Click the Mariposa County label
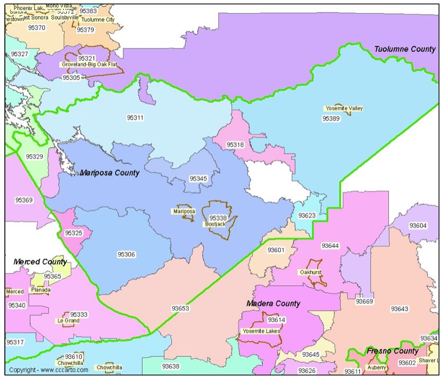click(x=110, y=173)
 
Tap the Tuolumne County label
click(x=405, y=49)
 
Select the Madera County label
click(x=273, y=303)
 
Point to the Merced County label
click(x=40, y=261)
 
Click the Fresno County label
click(x=392, y=351)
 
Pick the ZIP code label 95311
click(x=135, y=117)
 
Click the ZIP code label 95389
click(x=331, y=119)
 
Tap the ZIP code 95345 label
click(x=198, y=178)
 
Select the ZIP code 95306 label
click(x=126, y=255)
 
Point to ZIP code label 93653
click(x=180, y=308)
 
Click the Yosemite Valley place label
click(x=344, y=109)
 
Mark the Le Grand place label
click(x=68, y=320)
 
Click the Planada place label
click(x=41, y=290)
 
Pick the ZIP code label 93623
click(x=306, y=215)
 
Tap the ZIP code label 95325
click(x=73, y=232)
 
